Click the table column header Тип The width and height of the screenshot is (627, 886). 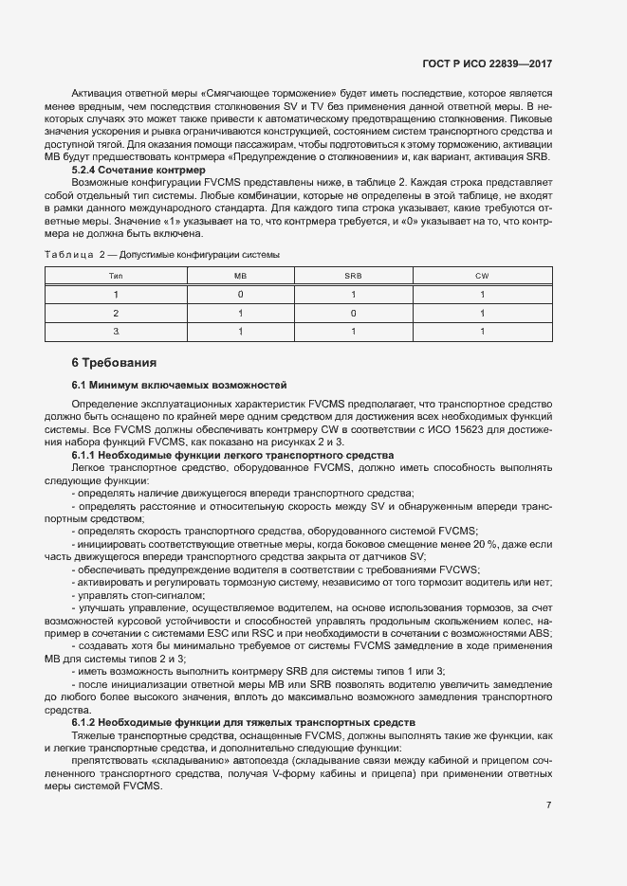[116, 275]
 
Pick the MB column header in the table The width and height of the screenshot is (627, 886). [240, 275]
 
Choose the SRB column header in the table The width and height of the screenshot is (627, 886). [353, 275]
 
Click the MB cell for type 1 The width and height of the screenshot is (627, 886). [240, 294]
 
